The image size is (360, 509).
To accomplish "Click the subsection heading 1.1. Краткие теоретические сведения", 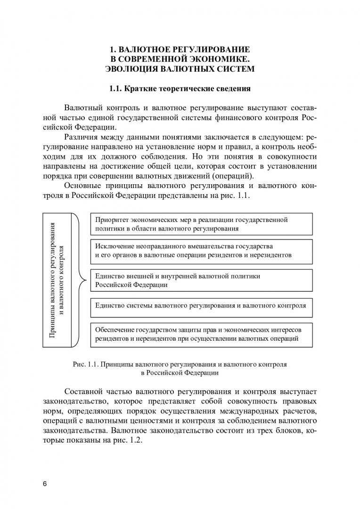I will pos(180,88).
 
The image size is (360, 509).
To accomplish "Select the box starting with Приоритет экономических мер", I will pos(200,224).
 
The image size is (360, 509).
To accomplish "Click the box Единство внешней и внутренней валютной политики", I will pos(200,280).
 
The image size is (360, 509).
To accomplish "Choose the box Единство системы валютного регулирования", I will pos(200,305).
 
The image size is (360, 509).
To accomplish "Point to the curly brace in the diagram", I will pos(81,279).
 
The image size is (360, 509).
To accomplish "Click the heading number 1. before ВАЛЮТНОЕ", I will pos(112,49).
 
